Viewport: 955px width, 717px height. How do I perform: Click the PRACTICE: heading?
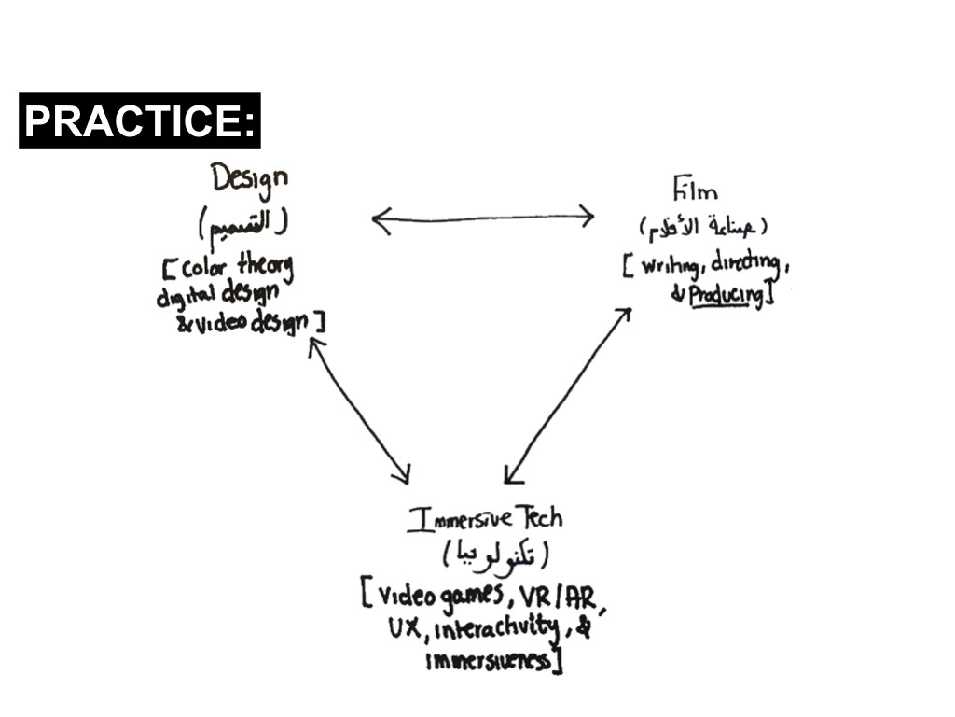[139, 121]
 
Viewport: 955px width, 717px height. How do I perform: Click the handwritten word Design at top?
[249, 180]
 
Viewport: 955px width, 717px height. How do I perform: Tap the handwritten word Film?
[695, 191]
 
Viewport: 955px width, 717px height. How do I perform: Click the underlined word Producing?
[726, 296]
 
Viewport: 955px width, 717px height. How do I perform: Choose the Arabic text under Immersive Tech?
[495, 556]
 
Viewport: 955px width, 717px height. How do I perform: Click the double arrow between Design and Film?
[483, 219]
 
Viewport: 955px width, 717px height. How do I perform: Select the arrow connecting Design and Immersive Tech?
[359, 411]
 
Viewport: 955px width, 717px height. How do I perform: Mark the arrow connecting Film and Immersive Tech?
[567, 396]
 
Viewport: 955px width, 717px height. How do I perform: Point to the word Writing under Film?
[671, 268]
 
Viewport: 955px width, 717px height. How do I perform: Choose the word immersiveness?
[490, 661]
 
